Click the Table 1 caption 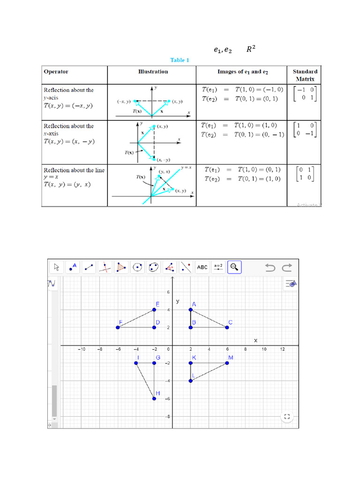(180, 60)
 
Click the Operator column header (56, 72)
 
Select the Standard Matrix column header (305, 75)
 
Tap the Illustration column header (153, 72)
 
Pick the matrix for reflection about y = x (304, 173)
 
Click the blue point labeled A (191, 309)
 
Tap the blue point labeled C (227, 327)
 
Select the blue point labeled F (118, 327)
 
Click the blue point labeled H (154, 398)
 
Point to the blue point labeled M (227, 363)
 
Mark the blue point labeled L (191, 381)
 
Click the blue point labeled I (136, 363)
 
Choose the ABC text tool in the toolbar (202, 267)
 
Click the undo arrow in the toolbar (270, 268)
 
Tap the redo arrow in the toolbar (287, 268)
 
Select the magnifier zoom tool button (234, 267)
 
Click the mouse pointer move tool (57, 267)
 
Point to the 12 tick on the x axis (282, 350)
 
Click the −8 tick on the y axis (167, 416)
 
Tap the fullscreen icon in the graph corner (287, 416)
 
